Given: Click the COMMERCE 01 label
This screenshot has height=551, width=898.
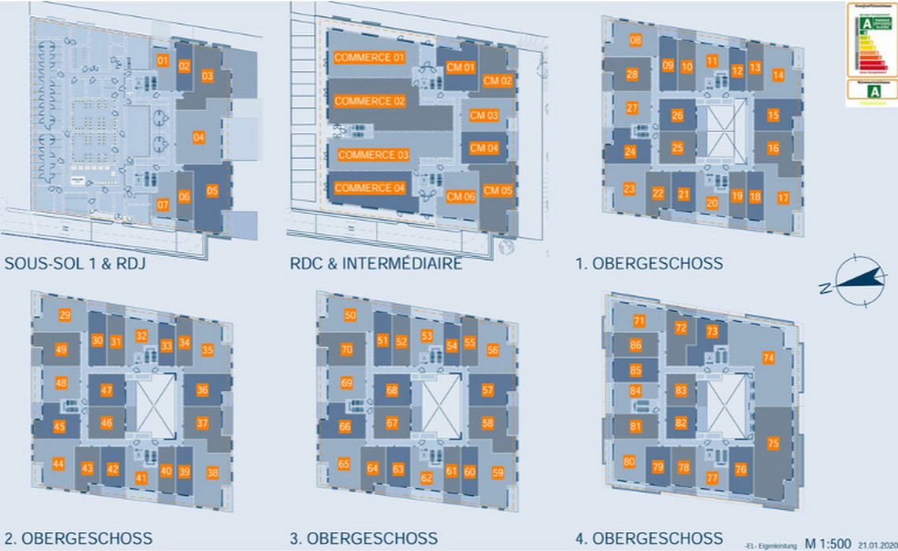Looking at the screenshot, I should click(369, 57).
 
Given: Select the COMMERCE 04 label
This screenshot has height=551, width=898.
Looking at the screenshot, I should click(370, 188).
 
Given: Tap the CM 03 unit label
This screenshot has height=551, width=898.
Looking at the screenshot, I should click(484, 116).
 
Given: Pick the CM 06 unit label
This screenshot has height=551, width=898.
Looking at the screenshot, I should click(460, 197).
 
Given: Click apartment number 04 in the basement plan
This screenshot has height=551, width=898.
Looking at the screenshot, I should click(199, 138).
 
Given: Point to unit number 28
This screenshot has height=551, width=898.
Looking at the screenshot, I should click(632, 75).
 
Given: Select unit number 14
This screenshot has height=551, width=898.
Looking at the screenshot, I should click(778, 76).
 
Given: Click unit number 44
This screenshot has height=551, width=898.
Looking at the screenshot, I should click(58, 464).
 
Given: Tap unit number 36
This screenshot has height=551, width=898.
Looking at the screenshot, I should click(202, 390).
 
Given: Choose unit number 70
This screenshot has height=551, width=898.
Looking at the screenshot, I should click(347, 349).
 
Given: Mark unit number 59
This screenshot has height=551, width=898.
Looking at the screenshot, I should click(497, 473).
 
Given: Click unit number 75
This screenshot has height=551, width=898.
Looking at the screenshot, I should click(773, 443).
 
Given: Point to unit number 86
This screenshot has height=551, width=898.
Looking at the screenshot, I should click(636, 345).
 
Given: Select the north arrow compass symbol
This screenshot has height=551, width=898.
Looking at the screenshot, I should click(857, 280).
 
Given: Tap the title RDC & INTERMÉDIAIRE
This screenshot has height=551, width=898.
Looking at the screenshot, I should click(376, 263).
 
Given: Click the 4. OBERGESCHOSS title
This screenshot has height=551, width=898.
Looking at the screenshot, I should click(648, 539).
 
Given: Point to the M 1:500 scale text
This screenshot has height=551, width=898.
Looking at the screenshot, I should click(826, 543).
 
